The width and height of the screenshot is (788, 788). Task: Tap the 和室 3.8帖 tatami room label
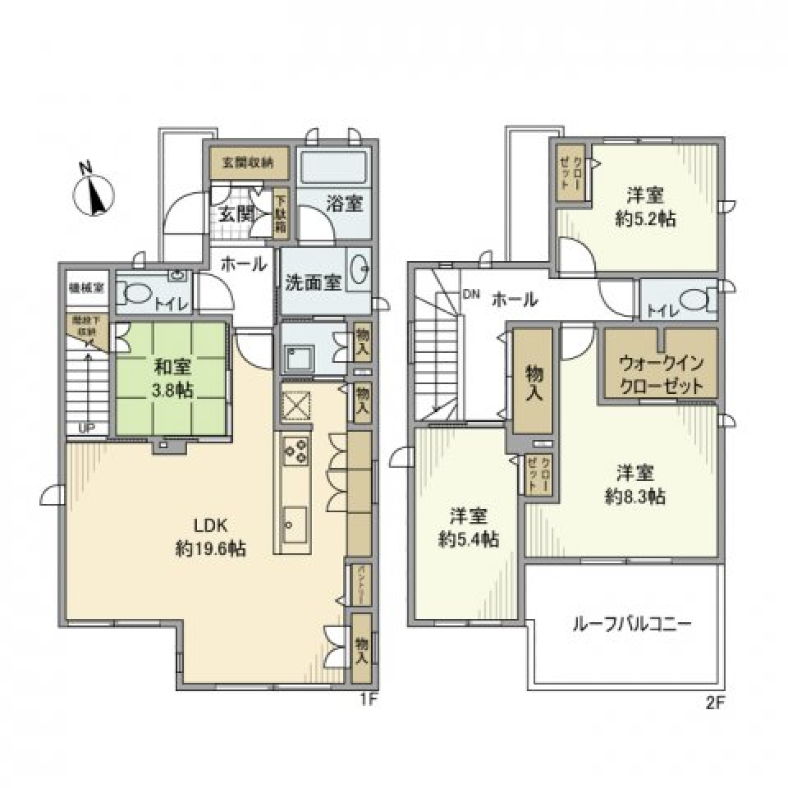pyautogui.click(x=171, y=380)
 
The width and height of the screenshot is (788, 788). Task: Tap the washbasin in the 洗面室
pyautogui.click(x=358, y=269)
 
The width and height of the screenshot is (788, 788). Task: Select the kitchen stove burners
pyautogui.click(x=295, y=450)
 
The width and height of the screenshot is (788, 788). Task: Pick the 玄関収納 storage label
pyautogui.click(x=250, y=161)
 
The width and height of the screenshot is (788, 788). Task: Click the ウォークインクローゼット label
pyautogui.click(x=661, y=373)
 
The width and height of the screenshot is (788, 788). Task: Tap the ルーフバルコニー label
pyautogui.click(x=631, y=624)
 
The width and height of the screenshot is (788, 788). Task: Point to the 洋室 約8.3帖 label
pyautogui.click(x=635, y=484)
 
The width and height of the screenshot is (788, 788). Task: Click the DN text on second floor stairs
pyautogui.click(x=471, y=293)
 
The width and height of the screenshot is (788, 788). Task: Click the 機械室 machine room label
pyautogui.click(x=85, y=288)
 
